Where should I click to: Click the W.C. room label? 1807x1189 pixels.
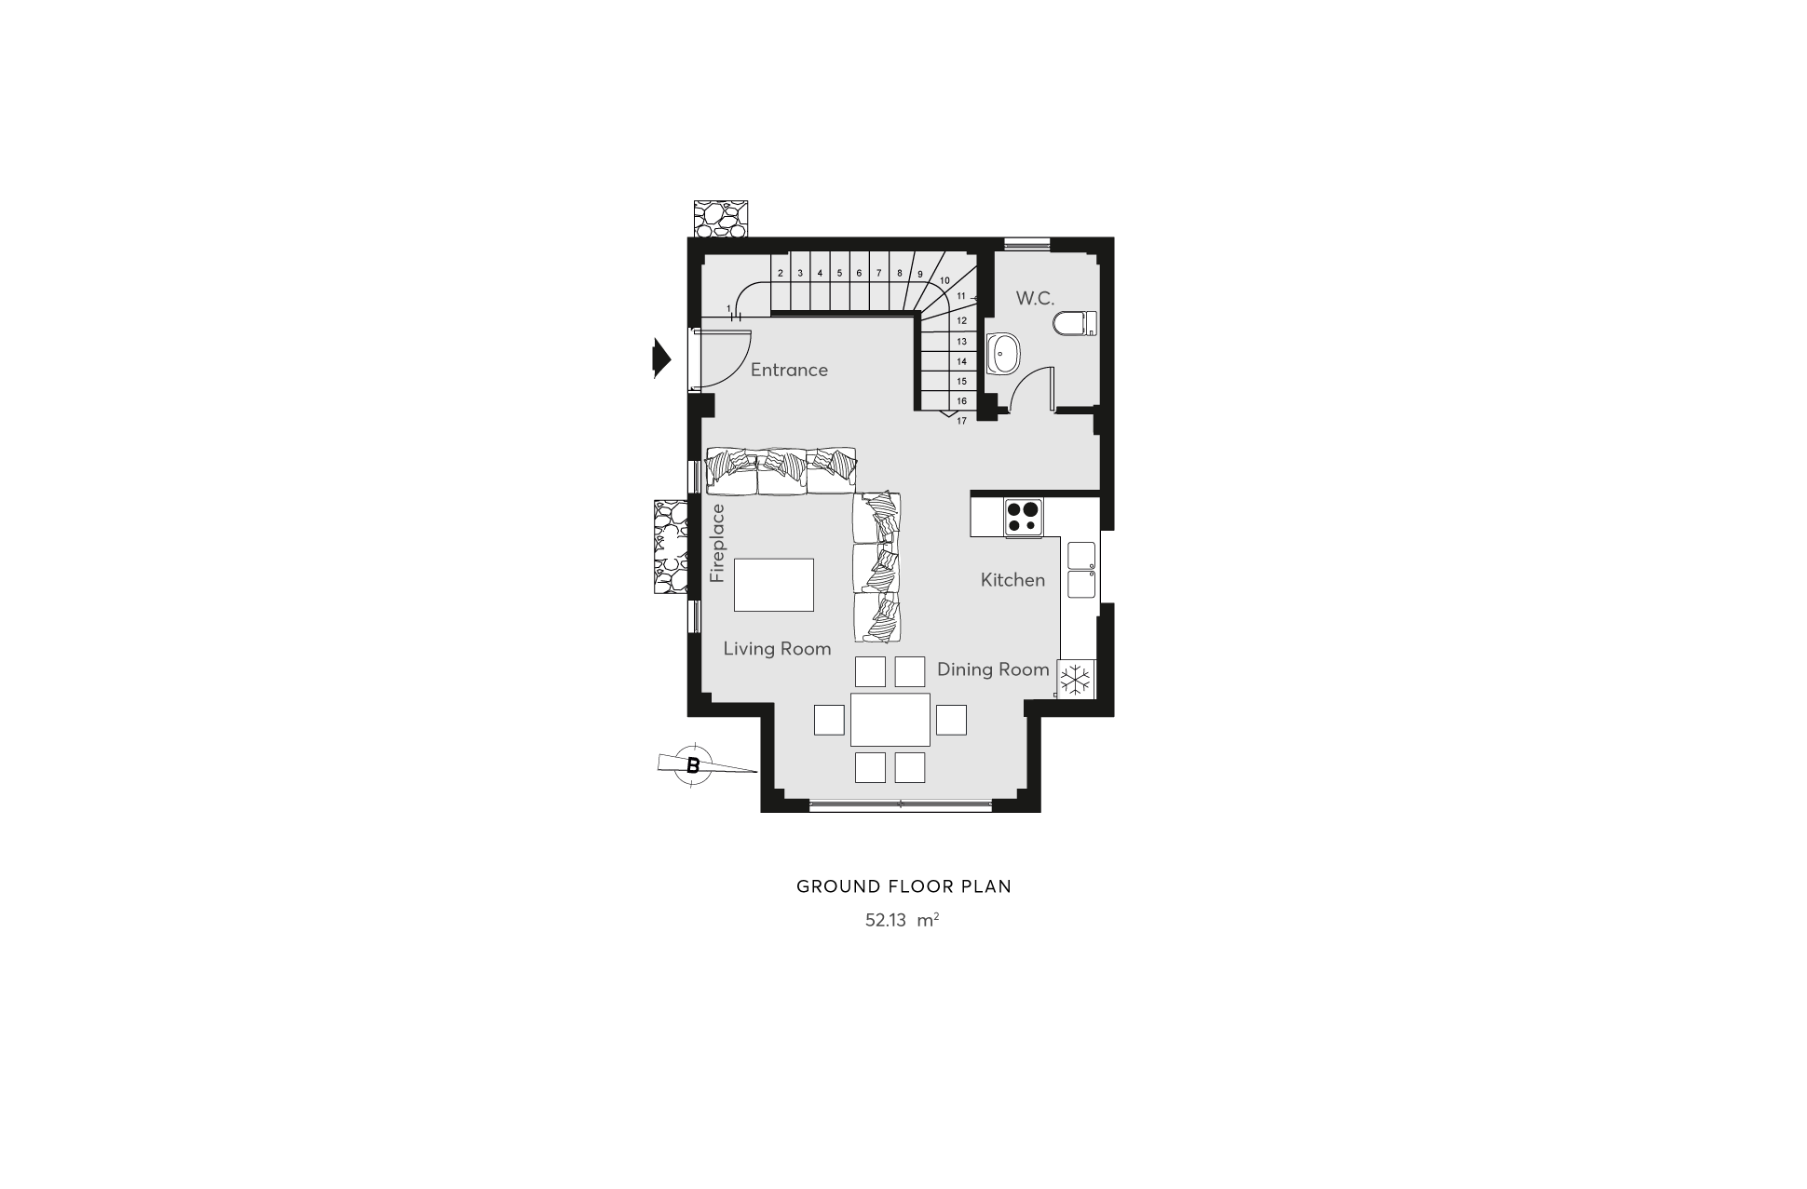tap(1035, 299)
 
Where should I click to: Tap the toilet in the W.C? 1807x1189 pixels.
tap(1075, 324)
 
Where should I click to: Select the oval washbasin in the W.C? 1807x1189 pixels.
tap(1004, 353)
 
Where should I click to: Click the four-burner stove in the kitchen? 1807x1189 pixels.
tap(1024, 518)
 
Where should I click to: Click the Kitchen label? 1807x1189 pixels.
tap(1012, 580)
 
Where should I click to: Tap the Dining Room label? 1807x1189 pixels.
tap(993, 669)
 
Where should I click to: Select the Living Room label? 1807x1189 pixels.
tap(777, 649)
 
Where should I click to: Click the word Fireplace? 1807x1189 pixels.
tap(717, 544)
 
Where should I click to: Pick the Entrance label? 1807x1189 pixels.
tap(789, 370)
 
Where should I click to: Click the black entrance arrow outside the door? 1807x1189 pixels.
tap(661, 358)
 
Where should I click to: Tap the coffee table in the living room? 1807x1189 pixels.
tap(774, 585)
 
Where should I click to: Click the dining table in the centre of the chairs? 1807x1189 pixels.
tap(890, 720)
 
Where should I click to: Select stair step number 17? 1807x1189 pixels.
tap(961, 421)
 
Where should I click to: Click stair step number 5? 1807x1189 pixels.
tap(839, 273)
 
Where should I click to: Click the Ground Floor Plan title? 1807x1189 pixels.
tap(903, 886)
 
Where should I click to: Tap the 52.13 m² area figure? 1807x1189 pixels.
tap(902, 920)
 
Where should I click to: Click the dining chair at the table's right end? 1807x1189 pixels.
tap(951, 720)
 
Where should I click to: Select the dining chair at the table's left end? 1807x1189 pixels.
tap(829, 720)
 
